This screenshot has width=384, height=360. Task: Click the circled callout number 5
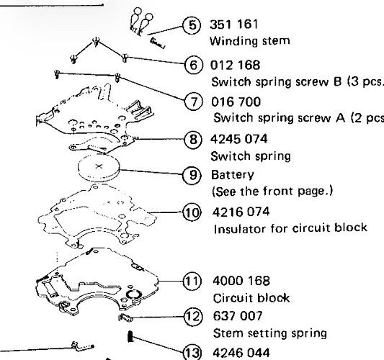coord(192,25)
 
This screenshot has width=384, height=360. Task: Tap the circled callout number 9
coord(192,175)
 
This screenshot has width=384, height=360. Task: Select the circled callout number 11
coord(192,282)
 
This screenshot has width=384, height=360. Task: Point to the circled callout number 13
coord(193,353)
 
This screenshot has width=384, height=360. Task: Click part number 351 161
coord(234,24)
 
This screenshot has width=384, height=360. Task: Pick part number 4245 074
coord(239,139)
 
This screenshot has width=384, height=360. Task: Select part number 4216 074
coord(241,212)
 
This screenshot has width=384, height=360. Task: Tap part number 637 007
coord(238,315)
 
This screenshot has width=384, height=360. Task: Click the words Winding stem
coord(250,40)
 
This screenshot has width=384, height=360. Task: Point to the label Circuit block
coord(251,298)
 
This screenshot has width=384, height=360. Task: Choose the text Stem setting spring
coord(270,333)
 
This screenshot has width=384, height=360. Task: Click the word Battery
coord(233,175)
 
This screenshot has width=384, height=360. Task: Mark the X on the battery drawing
coord(99,166)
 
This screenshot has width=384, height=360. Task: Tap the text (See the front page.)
coord(272,192)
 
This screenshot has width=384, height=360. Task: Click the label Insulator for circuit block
coord(290,228)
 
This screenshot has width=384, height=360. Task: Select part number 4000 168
coord(241,281)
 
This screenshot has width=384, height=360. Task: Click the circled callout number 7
coord(194,102)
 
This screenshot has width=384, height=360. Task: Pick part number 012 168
coord(235,65)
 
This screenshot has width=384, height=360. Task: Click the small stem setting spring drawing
coord(125,318)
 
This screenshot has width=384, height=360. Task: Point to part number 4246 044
coord(241,353)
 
